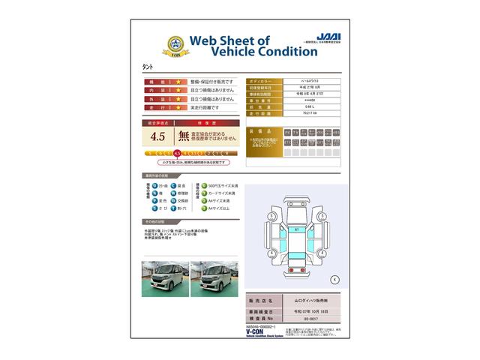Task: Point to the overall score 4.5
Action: [x=157, y=136]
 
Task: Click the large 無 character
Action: [x=183, y=136]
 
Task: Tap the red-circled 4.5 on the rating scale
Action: [x=177, y=153]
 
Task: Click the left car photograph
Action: [x=163, y=277]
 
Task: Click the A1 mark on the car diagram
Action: [x=296, y=229]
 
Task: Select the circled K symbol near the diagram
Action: [x=334, y=280]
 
